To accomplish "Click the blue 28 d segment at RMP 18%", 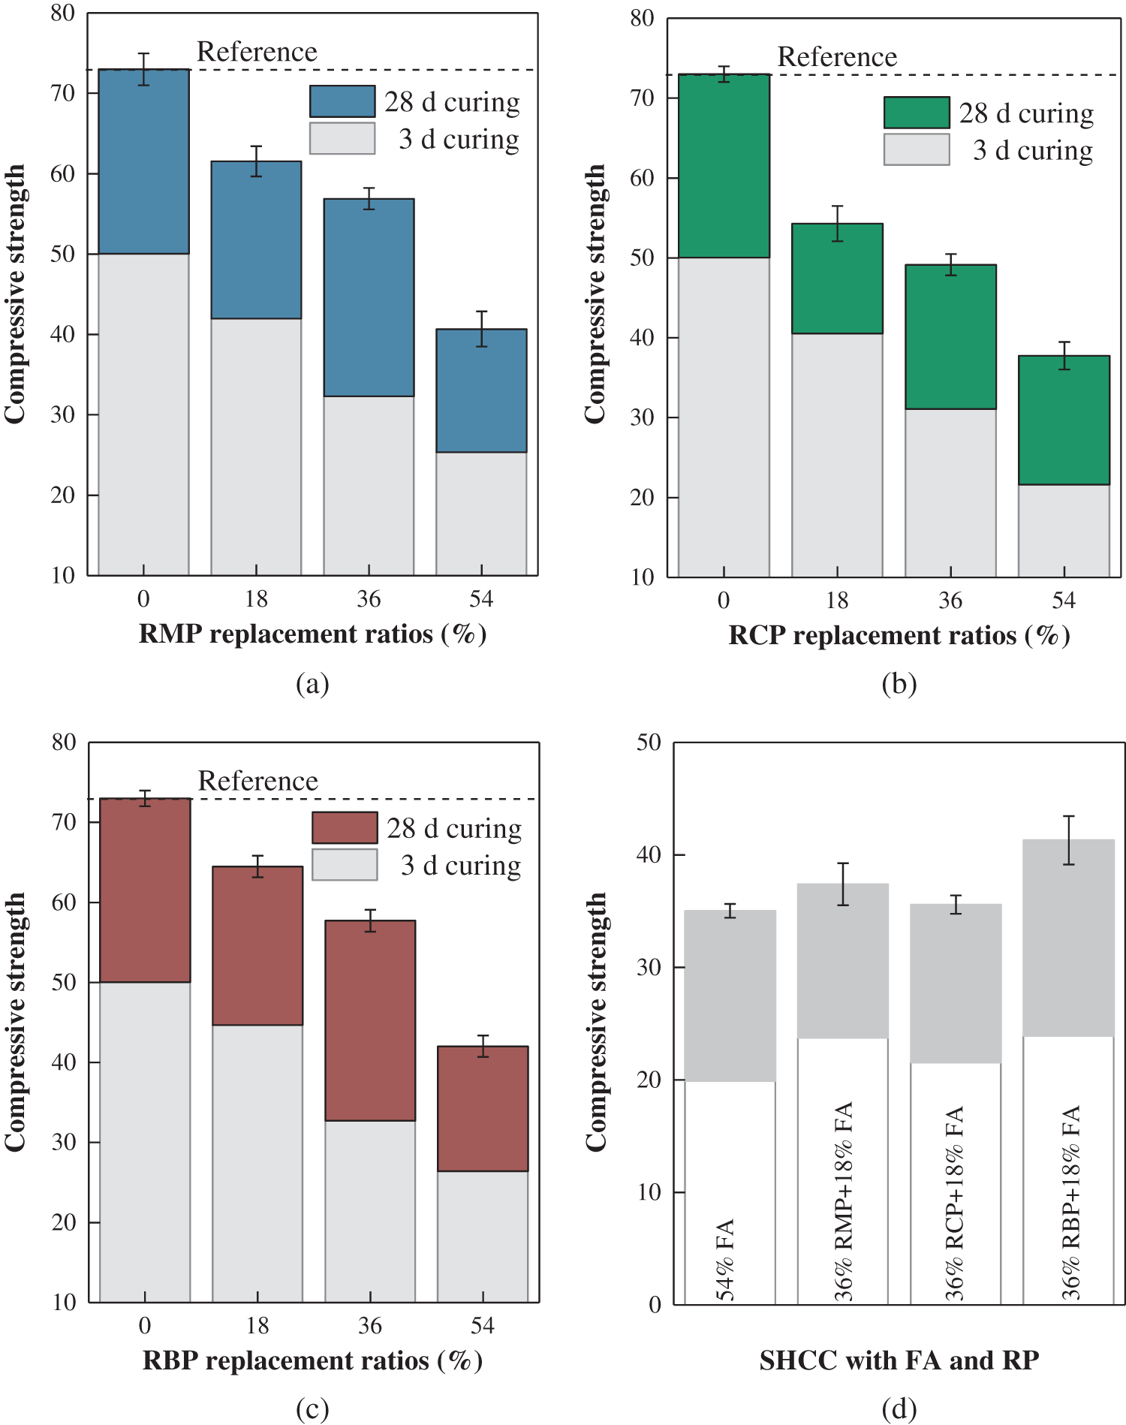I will [256, 240].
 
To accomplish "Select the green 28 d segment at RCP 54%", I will [1064, 420].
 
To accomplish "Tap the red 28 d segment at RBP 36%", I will [370, 1021].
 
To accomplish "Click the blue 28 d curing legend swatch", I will [342, 101].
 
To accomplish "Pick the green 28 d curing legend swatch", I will [917, 113].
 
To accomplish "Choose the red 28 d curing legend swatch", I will [345, 828].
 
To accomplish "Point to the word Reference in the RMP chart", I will [257, 52].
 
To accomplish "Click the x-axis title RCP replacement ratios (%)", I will [899, 636].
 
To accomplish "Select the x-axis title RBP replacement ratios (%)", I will [312, 1360].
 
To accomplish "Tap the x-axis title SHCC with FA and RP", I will [899, 1360].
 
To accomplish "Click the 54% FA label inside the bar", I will [726, 1261].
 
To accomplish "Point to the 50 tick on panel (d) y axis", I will [649, 743].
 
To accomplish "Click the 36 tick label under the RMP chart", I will [369, 599].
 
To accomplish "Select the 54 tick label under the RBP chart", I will [483, 1326].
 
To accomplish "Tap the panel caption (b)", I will [899, 684].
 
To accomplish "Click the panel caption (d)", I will [899, 1409].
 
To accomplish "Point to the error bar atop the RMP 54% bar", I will [481, 329].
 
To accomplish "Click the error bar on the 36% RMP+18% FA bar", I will [843, 884].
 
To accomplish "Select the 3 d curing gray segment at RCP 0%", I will [724, 417].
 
